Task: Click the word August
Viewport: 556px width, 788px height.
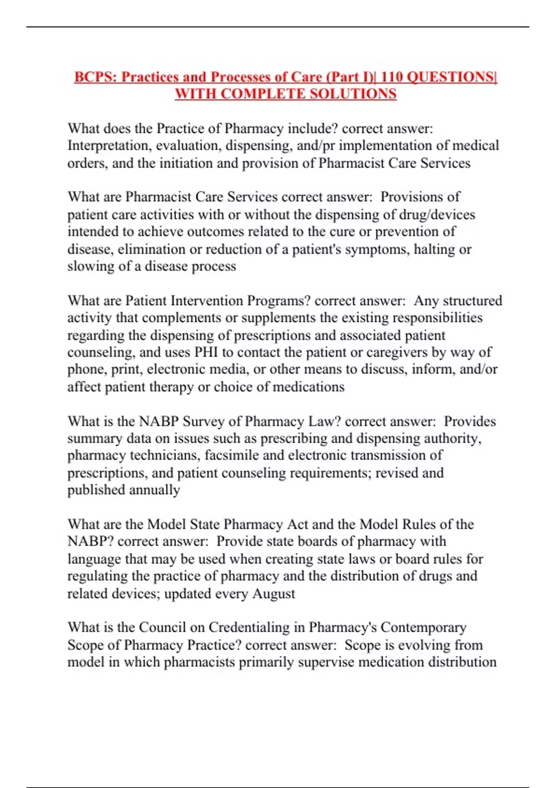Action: click(x=273, y=594)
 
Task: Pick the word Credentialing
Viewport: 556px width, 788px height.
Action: click(x=249, y=628)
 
